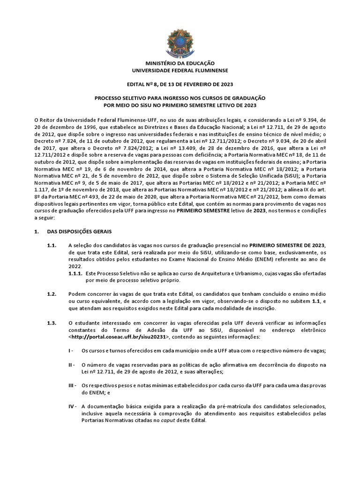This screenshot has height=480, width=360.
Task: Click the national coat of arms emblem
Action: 180,40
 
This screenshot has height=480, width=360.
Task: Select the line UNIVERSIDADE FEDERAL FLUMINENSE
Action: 180,70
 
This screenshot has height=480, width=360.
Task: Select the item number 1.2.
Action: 52,294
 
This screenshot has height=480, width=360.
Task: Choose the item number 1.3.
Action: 52,323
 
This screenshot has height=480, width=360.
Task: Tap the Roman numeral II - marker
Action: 72,365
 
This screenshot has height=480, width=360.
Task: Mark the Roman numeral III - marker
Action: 73,386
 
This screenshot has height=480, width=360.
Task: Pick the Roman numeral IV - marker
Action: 73,406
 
